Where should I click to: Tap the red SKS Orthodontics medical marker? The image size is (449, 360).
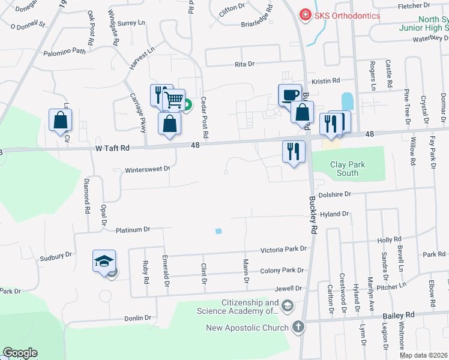pyautogui.click(x=306, y=14)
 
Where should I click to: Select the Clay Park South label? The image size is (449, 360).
pyautogui.click(x=348, y=169)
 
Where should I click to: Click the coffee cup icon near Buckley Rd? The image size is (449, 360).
pyautogui.click(x=290, y=95)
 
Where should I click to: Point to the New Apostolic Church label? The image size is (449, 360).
pyautogui.click(x=247, y=328)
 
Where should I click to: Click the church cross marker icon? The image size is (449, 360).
pyautogui.click(x=298, y=327)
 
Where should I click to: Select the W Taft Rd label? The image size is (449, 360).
pyautogui.click(x=112, y=148)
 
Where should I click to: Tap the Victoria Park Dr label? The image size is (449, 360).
pyautogui.click(x=283, y=249)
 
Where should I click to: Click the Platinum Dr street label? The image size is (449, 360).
pyautogui.click(x=132, y=230)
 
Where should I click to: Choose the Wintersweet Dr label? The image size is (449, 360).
pyautogui.click(x=148, y=170)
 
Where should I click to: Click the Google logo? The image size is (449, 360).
pyautogui.click(x=20, y=353)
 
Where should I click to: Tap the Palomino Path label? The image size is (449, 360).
pyautogui.click(x=65, y=52)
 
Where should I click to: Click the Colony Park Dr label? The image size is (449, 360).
pyautogui.click(x=282, y=271)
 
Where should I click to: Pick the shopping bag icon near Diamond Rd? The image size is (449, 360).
pyautogui.click(x=61, y=120)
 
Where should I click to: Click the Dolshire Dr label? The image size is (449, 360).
pyautogui.click(x=334, y=194)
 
